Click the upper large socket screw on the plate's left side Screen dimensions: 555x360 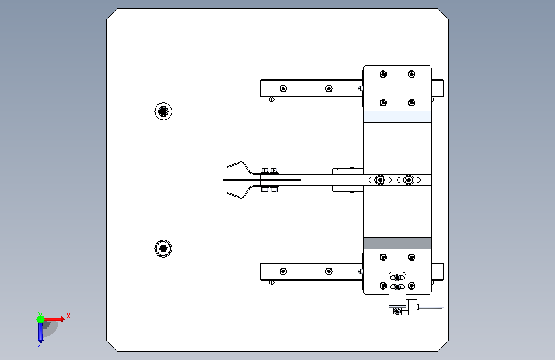(x=163, y=111)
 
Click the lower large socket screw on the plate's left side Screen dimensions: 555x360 (x=163, y=249)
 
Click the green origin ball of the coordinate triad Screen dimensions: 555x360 (x=41, y=319)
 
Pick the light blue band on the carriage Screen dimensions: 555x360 (x=398, y=117)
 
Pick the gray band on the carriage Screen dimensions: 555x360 (x=398, y=243)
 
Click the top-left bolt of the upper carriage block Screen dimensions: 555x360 (x=383, y=74)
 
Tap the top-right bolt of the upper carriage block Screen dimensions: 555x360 (x=412, y=74)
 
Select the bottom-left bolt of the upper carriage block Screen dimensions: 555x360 (x=383, y=102)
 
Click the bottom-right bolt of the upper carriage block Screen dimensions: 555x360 (x=412, y=102)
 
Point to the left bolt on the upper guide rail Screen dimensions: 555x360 (x=283, y=88)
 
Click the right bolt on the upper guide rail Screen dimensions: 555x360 (x=329, y=88)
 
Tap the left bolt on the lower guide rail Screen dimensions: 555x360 (x=283, y=272)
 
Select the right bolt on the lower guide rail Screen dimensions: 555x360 (x=329, y=272)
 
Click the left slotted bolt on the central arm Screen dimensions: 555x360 (x=380, y=180)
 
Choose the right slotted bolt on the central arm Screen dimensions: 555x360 (x=408, y=180)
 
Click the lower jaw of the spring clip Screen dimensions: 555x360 (x=241, y=193)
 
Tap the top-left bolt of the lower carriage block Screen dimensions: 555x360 (x=383, y=258)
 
